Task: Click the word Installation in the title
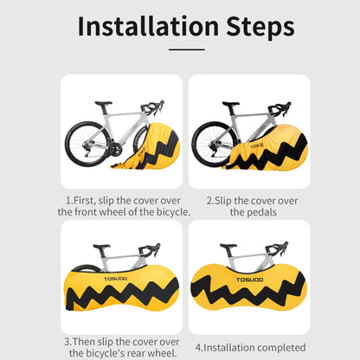[148, 27]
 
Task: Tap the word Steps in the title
[260, 28]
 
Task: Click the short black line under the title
[187, 49]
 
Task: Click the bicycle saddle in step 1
[104, 103]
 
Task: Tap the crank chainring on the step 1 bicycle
[115, 150]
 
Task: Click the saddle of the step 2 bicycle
[231, 104]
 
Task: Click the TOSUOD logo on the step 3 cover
[115, 279]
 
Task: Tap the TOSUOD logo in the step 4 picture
[250, 280]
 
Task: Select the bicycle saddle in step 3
[101, 247]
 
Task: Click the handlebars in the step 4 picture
[277, 248]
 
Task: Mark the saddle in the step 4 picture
[228, 246]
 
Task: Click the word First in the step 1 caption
[83, 201]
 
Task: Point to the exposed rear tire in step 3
[84, 267]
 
